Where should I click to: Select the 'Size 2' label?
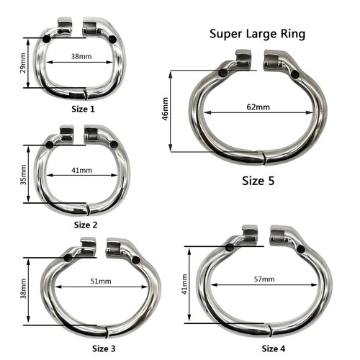86,225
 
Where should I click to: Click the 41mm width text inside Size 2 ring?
82,171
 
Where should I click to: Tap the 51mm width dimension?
102,282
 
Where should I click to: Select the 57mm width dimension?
264,278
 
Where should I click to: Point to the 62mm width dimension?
258,107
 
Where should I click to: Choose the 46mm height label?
166,112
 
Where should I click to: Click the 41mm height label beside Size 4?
184,283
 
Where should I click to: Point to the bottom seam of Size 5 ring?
264,158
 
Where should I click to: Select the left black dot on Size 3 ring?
68,257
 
